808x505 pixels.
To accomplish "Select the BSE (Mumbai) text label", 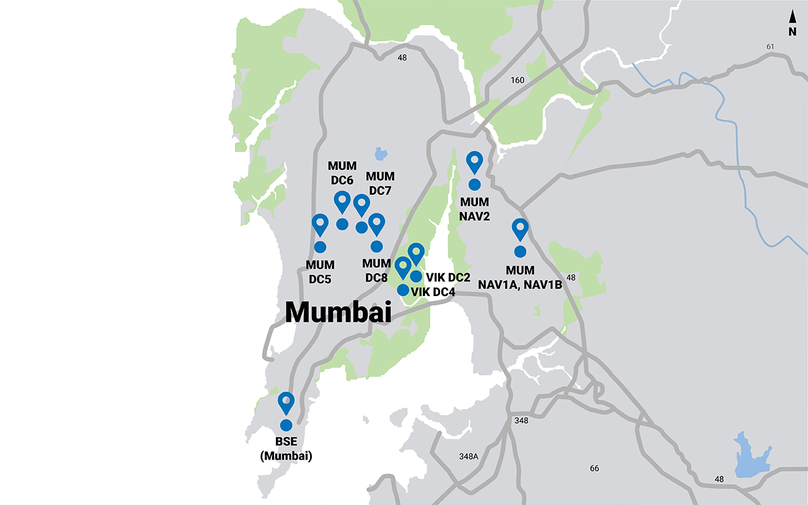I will point(286,449).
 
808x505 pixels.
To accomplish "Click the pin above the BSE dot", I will point(287,402).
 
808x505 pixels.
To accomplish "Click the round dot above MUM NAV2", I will point(474,184).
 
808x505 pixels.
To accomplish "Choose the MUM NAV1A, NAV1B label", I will point(520,277).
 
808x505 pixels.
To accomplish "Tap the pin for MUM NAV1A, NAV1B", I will point(520,229).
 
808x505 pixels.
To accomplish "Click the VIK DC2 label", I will point(449,276).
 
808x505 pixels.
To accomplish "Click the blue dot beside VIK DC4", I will point(402,290).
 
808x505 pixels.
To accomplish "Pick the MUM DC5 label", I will point(319,271).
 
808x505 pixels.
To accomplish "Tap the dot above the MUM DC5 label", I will point(319,247).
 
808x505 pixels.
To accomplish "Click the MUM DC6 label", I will point(342,172).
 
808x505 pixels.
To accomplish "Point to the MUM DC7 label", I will point(381,183).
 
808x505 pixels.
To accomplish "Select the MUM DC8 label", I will point(377,270).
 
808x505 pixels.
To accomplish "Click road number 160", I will point(518,80).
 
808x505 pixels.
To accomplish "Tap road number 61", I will point(769,47).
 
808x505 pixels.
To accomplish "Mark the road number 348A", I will point(469,456).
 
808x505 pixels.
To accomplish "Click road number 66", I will point(594,468).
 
